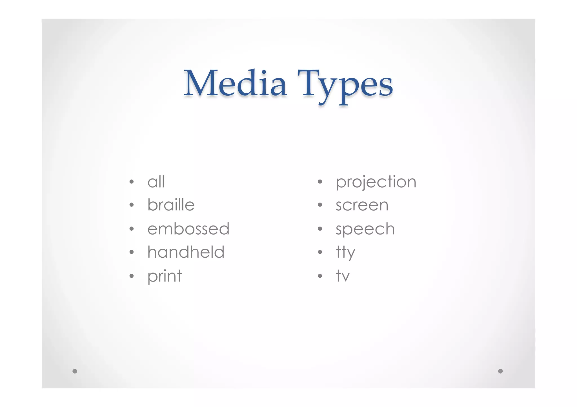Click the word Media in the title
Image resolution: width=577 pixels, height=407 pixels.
235,84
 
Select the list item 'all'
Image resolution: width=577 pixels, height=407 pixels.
156,182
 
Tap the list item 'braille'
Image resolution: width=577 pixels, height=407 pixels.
171,205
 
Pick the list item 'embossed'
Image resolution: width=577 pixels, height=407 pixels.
188,229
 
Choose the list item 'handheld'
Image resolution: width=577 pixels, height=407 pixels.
186,252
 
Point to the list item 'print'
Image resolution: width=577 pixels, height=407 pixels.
165,276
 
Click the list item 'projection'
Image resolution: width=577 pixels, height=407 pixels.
376,182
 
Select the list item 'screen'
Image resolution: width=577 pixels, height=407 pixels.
362,205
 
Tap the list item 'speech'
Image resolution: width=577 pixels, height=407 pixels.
365,229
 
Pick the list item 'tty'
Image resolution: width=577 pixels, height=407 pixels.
345,252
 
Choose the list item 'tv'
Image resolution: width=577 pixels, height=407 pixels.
343,276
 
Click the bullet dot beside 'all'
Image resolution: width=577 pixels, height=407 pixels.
132,182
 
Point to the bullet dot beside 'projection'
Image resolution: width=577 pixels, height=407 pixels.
320,182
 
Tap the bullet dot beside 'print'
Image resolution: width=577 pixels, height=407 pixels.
132,276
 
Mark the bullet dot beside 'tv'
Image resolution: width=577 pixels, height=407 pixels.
320,276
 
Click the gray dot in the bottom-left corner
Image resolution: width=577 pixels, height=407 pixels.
75,371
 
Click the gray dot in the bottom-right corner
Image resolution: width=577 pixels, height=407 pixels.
500,371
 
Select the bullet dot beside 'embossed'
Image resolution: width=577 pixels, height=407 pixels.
132,229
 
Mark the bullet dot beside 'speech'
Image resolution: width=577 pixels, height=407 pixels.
320,229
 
